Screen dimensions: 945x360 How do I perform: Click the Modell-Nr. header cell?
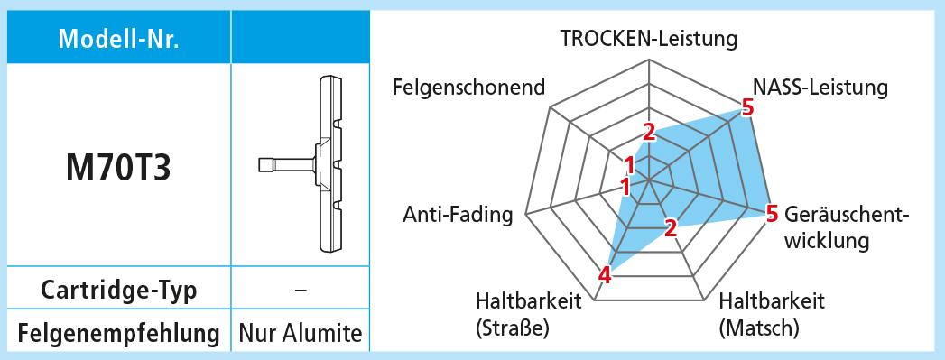[119, 38]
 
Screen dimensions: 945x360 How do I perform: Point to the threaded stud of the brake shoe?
[286, 164]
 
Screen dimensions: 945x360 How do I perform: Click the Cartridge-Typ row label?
[119, 291]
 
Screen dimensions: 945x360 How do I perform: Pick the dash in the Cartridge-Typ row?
[301, 290]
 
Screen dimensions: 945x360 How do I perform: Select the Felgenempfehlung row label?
[119, 332]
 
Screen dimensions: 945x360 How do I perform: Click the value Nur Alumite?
[301, 332]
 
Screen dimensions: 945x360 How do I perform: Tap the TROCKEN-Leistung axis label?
[648, 39]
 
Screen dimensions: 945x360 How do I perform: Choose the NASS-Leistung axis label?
[820, 88]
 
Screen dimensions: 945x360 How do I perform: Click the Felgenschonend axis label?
[468, 88]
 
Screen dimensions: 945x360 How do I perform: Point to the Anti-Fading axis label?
[458, 215]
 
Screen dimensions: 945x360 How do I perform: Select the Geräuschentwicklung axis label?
[846, 227]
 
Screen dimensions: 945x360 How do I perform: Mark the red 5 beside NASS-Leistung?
[747, 108]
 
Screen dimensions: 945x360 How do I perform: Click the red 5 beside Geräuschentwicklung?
[772, 214]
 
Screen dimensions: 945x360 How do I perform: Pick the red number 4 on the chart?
[606, 276]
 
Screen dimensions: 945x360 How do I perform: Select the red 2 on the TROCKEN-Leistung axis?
[648, 132]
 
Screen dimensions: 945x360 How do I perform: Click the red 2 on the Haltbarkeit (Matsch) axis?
[671, 227]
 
